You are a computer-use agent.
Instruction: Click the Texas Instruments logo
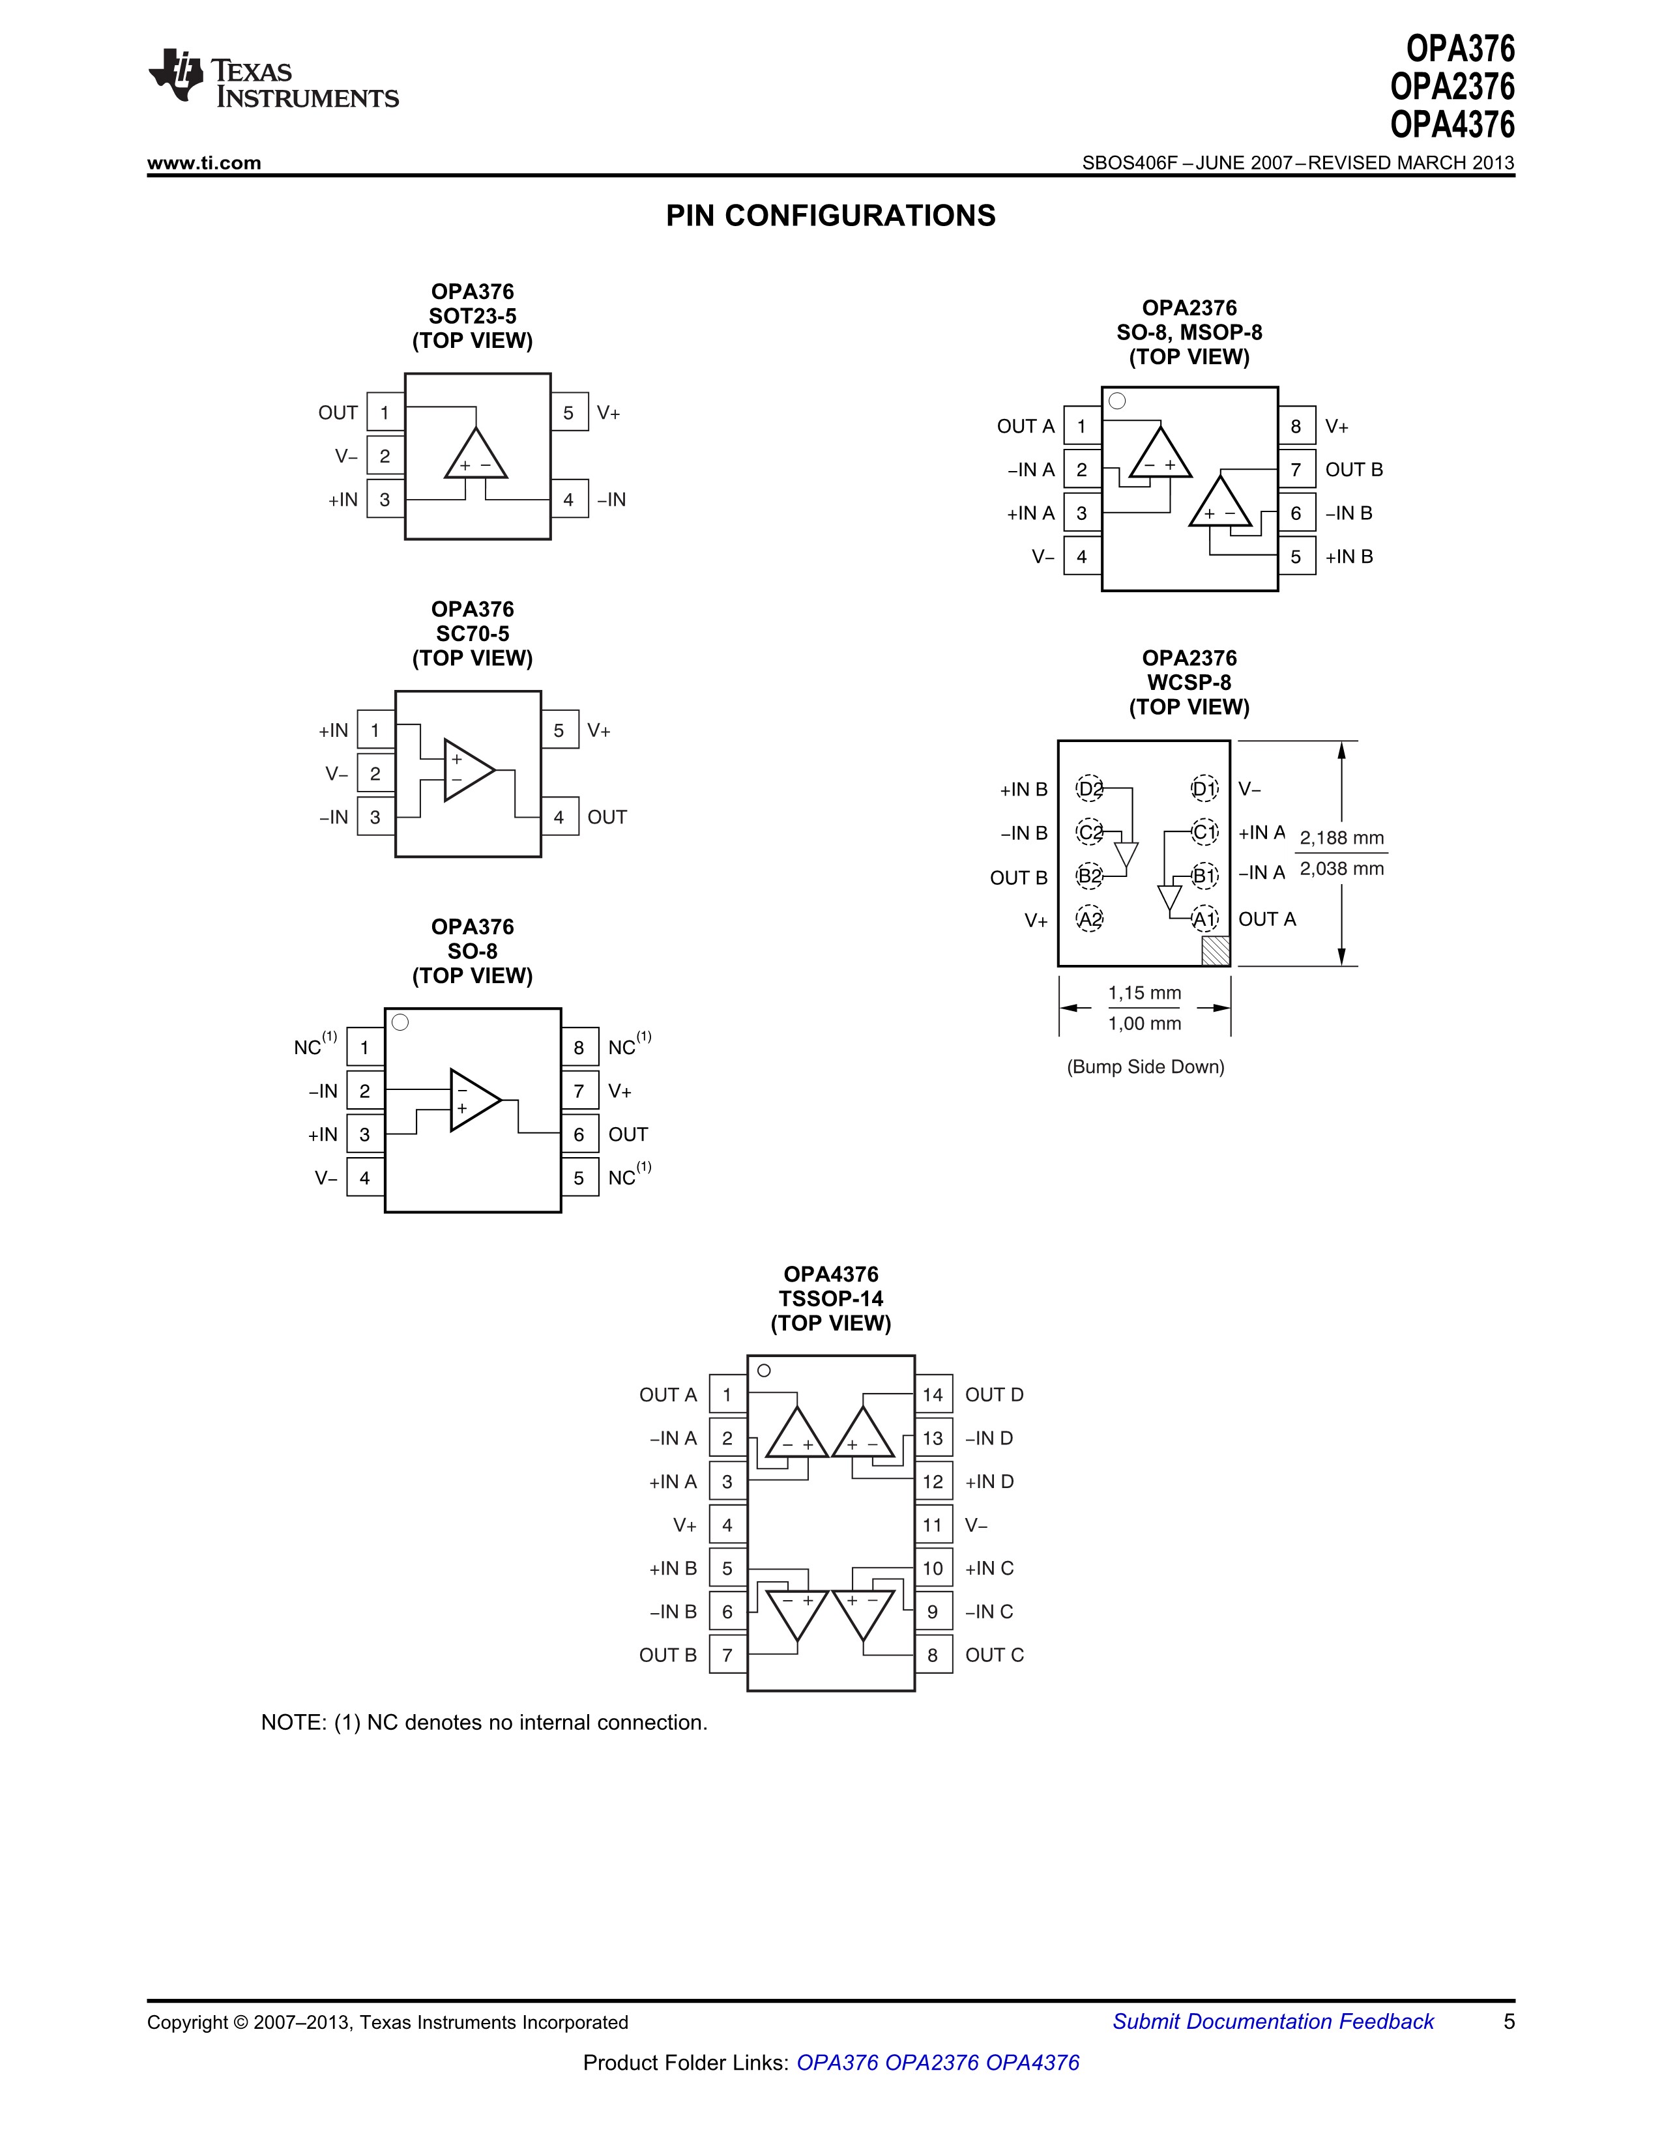pos(272,78)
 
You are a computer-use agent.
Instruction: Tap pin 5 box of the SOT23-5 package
pos(568,414)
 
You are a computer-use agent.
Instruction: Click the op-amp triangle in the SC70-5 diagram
pos(469,770)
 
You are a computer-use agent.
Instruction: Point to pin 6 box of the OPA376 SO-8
pos(579,1135)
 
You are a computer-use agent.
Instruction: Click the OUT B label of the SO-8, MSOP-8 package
pos(1354,470)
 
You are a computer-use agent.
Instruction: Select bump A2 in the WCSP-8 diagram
pos(1089,919)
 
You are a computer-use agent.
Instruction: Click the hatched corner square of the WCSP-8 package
pos(1216,951)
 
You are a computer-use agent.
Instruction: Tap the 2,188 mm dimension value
pos(1341,838)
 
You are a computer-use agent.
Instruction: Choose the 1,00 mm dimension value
pos(1144,1024)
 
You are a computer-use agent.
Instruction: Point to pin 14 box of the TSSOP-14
pos(933,1395)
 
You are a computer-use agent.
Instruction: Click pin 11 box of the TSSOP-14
pos(933,1526)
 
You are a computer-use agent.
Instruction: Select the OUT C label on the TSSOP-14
pos(995,1655)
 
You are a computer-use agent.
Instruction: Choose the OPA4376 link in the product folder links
pos(1032,2063)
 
